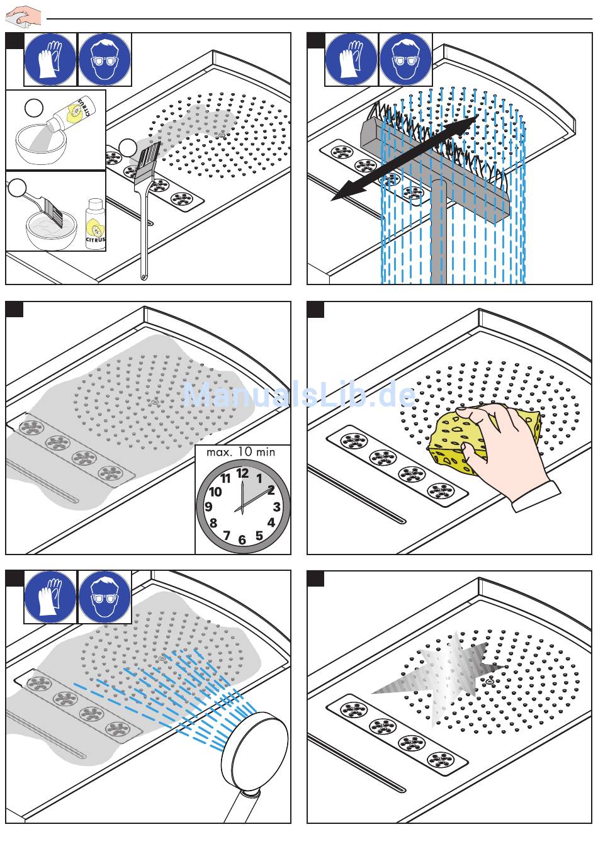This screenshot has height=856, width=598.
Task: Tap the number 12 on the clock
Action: point(242,473)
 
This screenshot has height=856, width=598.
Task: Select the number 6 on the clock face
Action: point(242,540)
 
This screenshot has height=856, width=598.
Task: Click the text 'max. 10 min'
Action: point(241,452)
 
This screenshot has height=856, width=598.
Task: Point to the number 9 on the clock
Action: point(208,507)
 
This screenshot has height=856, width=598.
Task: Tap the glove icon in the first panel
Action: point(50,59)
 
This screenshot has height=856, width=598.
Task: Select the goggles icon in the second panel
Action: point(406,59)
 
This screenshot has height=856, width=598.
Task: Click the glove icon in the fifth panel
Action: point(50,597)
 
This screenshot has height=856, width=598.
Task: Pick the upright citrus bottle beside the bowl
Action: point(96,223)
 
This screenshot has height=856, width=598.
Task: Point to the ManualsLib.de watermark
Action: point(300,395)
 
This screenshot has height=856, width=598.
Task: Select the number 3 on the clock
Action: point(276,507)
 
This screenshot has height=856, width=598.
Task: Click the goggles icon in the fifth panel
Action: point(104,597)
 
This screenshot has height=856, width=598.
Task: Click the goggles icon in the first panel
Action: point(104,59)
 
